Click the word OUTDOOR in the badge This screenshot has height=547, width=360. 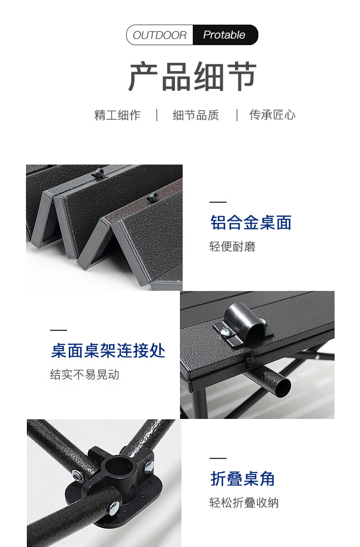pos(159,35)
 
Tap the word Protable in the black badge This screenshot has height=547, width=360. pos(224,35)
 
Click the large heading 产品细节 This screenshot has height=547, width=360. pos(192,76)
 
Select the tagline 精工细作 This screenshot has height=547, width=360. pos(118,115)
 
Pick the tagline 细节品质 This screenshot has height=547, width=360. pos(196,115)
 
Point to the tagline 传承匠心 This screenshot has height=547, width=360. pos(272,115)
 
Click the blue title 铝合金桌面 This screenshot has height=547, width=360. pos(251,222)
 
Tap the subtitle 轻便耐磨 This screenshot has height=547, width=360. pos(232,247)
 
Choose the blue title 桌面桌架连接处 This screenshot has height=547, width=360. pos(108,351)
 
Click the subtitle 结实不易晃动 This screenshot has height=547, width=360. pos(85,375)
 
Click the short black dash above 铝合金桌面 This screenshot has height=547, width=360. pos(218,202)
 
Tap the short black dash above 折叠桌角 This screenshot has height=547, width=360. pos(218,459)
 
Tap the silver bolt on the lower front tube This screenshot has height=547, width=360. pos(113,509)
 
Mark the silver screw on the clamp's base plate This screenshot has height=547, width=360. pos(224,332)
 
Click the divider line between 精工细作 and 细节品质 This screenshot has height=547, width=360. pos(157,115)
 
